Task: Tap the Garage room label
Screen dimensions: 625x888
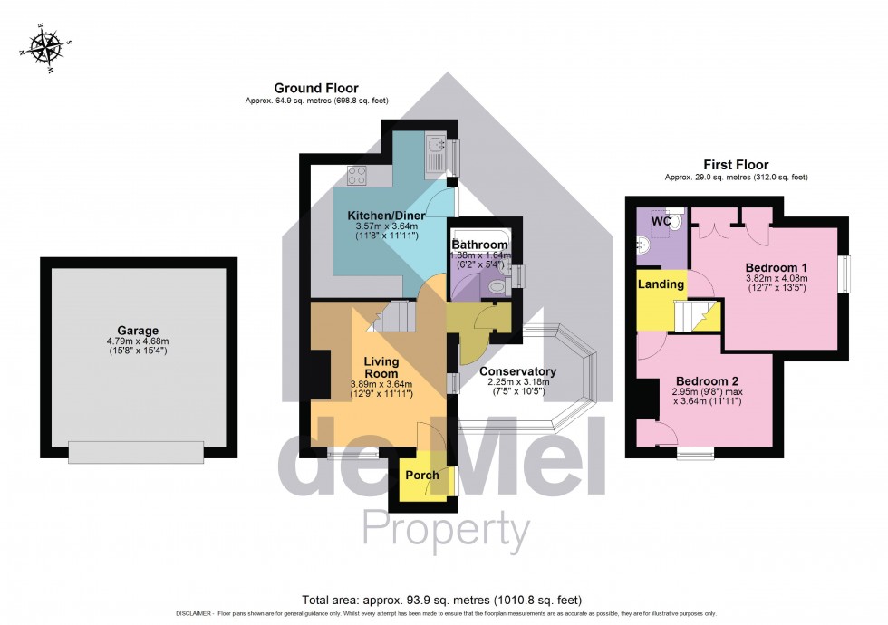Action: pos(137,331)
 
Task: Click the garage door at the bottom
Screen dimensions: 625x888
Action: pos(136,452)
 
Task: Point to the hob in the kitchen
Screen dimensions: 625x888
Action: pos(356,177)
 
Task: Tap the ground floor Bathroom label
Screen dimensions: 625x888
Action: pos(479,245)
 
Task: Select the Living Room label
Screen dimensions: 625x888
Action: pos(381,367)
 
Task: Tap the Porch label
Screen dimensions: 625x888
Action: pos(421,475)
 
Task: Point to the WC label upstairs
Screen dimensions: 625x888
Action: pos(661,221)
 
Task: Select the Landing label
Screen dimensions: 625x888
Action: pos(661,284)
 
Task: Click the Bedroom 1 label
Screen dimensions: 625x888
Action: pos(777,267)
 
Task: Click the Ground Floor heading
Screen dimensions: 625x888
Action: pos(311,88)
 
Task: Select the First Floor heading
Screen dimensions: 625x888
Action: pos(736,165)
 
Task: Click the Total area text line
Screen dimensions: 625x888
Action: pos(443,600)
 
